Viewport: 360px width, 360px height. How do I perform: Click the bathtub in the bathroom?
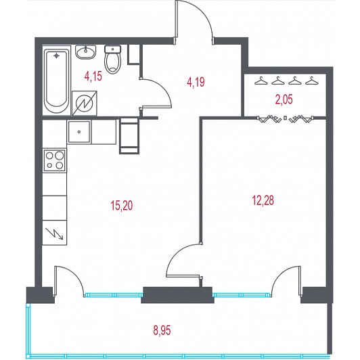tap(56, 81)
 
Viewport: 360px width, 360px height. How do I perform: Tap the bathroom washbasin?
tap(86, 52)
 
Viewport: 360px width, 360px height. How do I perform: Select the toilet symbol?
tap(112, 60)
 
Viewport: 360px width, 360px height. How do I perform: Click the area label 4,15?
tap(93, 76)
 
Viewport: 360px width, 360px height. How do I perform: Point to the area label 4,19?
tap(196, 82)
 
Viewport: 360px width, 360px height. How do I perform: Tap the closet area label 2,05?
tap(284, 99)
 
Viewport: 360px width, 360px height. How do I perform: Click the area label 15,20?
tap(122, 205)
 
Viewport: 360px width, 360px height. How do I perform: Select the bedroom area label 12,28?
tap(263, 200)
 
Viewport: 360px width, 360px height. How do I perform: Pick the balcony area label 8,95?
tap(162, 331)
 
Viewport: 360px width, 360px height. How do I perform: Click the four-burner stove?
tap(55, 160)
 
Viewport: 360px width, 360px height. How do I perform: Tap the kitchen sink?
tap(79, 132)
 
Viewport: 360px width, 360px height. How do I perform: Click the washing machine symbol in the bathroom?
tap(85, 104)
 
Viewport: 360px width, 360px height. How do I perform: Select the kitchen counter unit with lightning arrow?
tap(55, 233)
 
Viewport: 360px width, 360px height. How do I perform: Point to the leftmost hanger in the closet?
tap(261, 81)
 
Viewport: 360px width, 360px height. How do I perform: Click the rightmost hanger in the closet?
tap(312, 81)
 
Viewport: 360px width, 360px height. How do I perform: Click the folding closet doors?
tap(285, 118)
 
